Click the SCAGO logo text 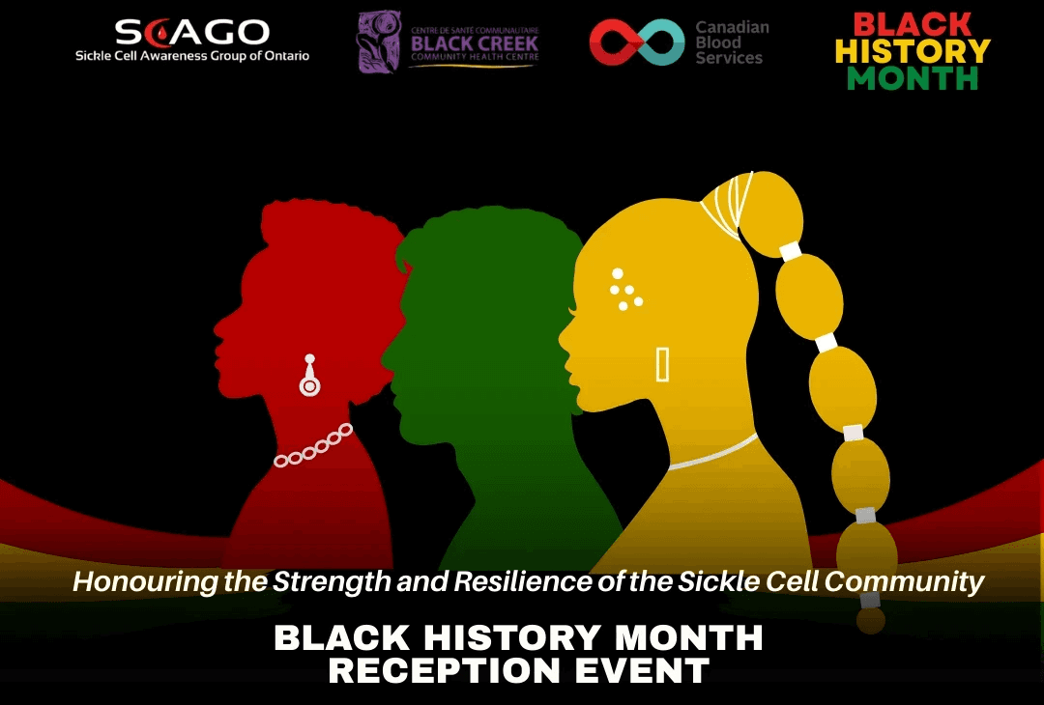(191, 31)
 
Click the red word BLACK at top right (913, 23)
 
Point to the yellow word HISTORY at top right (913, 50)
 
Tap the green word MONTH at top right (913, 78)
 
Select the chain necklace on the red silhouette (314, 447)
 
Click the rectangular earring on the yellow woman (662, 364)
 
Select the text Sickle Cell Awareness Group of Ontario (192, 56)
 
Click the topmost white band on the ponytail (791, 251)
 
